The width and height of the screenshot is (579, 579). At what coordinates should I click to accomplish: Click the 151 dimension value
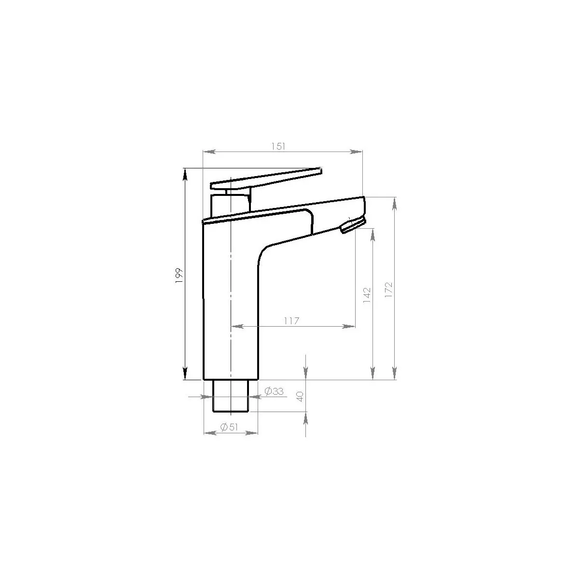tap(278, 146)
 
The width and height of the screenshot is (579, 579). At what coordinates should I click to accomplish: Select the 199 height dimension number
tap(179, 275)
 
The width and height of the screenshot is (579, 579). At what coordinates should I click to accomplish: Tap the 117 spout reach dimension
tap(291, 321)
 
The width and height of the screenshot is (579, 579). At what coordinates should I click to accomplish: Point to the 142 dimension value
tap(367, 295)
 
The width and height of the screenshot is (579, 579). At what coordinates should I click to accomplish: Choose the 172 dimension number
tap(388, 290)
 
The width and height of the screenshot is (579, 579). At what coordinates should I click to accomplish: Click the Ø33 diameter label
tap(274, 391)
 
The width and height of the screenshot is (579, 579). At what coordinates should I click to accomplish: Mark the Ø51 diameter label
tap(229, 427)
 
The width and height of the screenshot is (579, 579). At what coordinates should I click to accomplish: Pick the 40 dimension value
tap(300, 397)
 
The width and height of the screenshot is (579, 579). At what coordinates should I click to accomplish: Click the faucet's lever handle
tap(266, 179)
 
